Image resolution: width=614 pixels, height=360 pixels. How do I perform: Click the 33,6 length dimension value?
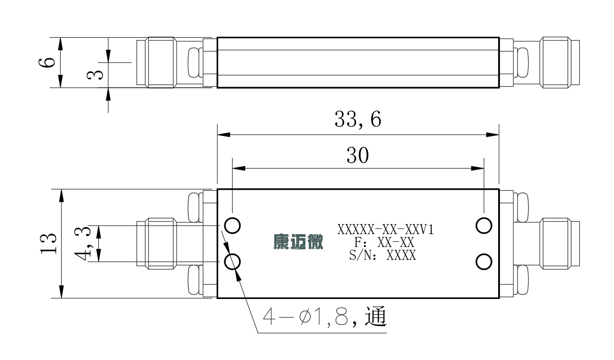coord(358,120)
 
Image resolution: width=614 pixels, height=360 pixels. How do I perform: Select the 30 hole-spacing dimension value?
coord(358,155)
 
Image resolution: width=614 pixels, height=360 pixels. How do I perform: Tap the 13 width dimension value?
coord(49,244)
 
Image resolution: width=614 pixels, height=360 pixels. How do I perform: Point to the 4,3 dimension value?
coord(83,243)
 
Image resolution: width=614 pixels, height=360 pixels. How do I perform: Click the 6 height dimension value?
coord(47,62)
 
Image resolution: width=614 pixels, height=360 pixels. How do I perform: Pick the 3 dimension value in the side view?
coord(95,75)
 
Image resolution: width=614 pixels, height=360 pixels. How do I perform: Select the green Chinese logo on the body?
coord(298,242)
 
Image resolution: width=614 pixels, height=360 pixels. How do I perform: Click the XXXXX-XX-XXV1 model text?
coord(385,229)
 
